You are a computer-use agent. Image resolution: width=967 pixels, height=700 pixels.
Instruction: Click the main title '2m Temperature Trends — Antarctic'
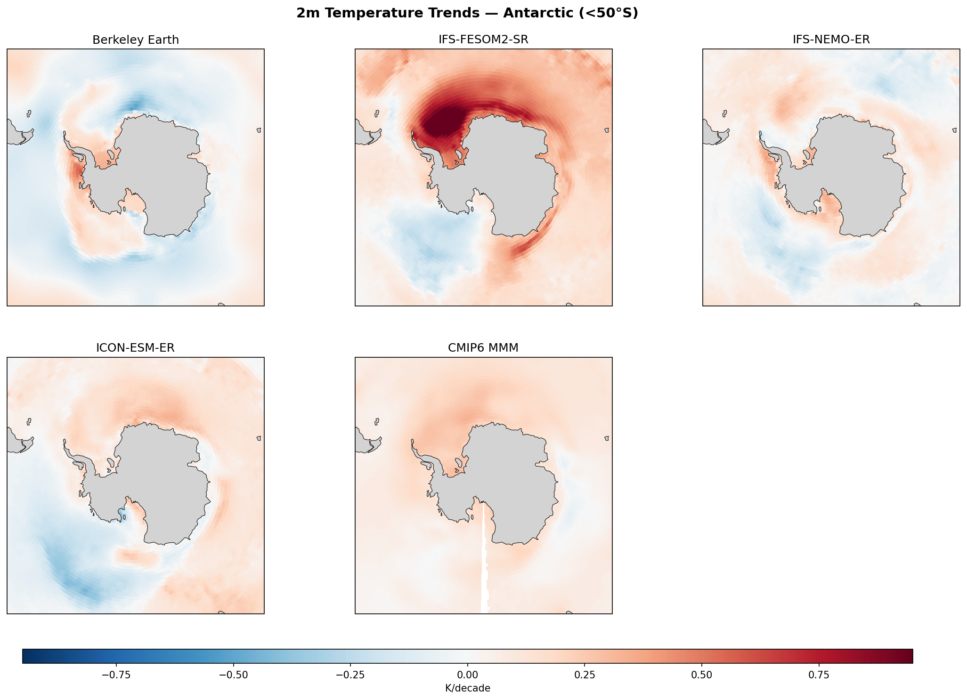pos(467,13)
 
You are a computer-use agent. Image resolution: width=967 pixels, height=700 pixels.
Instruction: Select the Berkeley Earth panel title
pos(136,40)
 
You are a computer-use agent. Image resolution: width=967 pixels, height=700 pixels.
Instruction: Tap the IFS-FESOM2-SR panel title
pos(483,40)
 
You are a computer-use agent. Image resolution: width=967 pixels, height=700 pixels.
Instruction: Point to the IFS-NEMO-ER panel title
pos(831,40)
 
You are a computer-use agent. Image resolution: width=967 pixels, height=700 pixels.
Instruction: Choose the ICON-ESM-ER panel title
pos(136,348)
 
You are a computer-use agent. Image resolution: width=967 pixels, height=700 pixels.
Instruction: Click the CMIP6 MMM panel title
pos(483,348)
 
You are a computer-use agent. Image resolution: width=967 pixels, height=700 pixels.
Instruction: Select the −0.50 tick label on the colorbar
pos(233,675)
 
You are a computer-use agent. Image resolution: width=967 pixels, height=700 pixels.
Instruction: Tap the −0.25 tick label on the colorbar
pos(350,675)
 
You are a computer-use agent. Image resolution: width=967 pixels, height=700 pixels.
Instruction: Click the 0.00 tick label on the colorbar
pos(467,675)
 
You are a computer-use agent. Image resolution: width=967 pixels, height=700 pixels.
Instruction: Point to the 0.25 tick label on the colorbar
pos(585,675)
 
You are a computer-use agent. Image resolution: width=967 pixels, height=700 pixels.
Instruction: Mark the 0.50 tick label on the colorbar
pos(701,675)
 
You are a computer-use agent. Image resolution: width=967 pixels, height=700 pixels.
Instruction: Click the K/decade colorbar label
pos(467,688)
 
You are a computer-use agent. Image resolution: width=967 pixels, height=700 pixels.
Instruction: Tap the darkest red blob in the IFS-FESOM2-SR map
pos(443,120)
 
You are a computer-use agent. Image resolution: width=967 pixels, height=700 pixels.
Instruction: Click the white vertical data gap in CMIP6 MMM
pos(485,565)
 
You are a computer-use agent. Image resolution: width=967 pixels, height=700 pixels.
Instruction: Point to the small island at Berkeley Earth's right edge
pos(259,130)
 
